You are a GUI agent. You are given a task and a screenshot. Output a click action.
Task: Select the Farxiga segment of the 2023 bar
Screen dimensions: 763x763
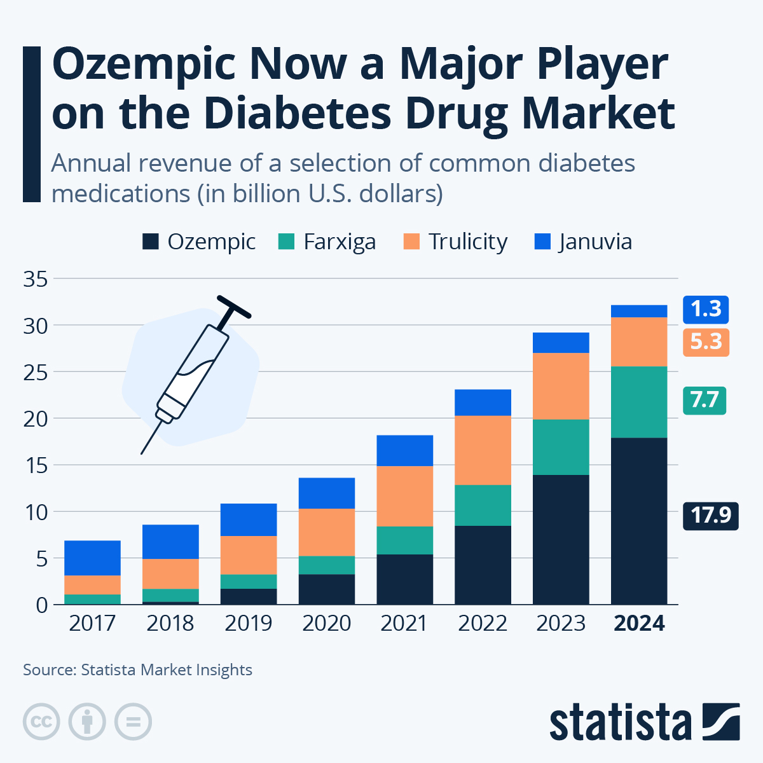coord(561,447)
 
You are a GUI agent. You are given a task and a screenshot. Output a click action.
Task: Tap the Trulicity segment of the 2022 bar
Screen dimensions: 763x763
coord(483,450)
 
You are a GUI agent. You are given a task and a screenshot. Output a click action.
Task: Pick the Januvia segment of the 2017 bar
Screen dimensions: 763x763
coord(92,558)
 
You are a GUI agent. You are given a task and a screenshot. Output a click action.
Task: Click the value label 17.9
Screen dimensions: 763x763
coord(710,514)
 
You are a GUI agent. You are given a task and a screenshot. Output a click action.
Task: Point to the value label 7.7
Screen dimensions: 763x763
coord(704,400)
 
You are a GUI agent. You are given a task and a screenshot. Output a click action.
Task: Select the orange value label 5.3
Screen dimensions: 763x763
coord(706,341)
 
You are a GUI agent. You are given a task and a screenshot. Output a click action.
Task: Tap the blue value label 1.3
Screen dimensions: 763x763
coord(706,309)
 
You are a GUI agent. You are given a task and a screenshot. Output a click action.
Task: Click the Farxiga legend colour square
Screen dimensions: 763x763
coord(287,242)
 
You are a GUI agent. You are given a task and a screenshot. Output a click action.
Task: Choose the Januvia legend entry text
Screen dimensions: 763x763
coord(595,242)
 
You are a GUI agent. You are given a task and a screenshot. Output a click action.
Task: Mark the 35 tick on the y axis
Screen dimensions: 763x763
coord(36,278)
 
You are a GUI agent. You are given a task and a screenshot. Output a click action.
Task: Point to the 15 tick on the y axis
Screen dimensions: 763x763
coord(36,465)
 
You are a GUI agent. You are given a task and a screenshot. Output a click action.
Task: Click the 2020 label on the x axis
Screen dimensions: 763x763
coord(326,623)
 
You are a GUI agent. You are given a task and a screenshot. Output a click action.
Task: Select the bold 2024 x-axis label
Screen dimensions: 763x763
coord(639,623)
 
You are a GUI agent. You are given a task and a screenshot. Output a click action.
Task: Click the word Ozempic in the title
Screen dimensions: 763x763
coord(144,65)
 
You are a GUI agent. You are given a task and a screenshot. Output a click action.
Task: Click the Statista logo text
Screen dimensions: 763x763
coord(620,723)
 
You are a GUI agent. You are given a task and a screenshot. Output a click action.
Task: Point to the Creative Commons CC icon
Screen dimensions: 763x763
coord(41,722)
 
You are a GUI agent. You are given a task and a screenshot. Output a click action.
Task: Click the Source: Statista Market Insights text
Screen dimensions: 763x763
coord(138,670)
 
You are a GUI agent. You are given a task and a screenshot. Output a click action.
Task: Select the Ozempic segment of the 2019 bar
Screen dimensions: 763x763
coord(248,596)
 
